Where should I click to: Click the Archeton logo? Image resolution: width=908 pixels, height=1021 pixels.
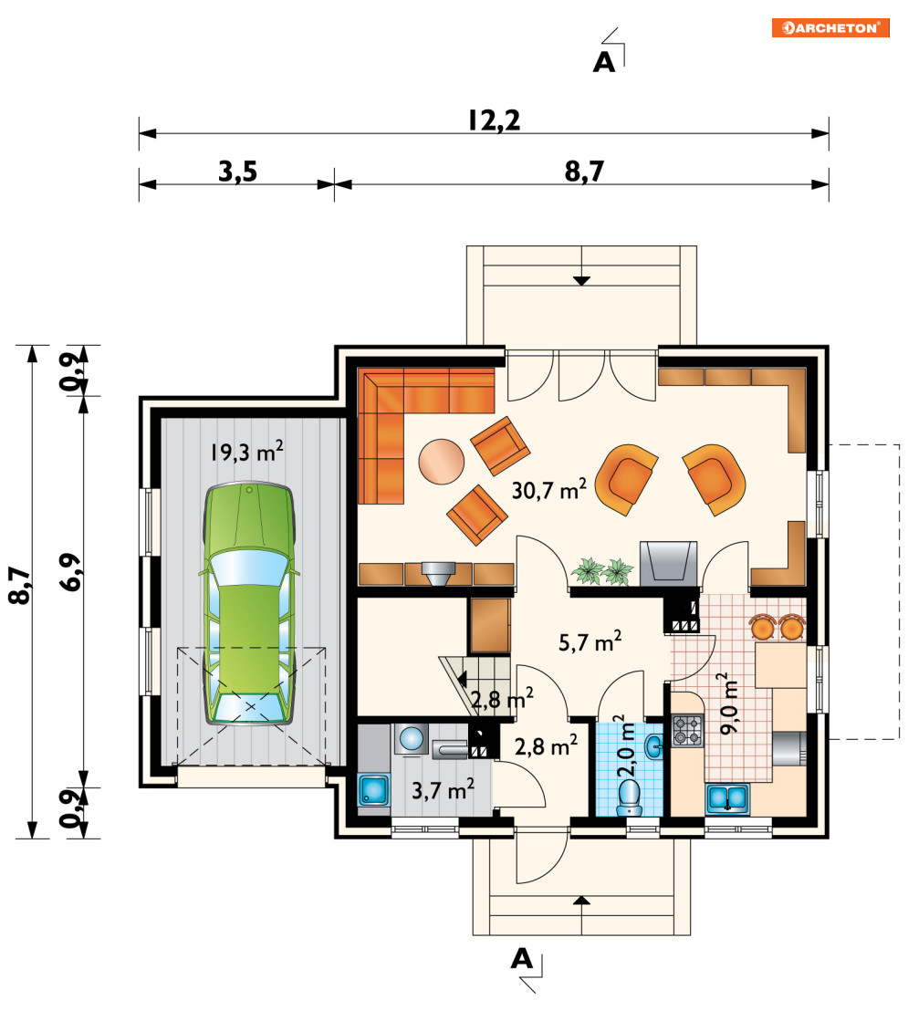click(x=830, y=28)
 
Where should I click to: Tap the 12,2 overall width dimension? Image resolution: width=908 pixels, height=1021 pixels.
click(x=495, y=120)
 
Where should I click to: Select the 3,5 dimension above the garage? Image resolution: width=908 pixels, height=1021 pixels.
click(x=238, y=172)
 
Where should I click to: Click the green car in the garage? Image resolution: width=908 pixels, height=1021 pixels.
click(x=249, y=603)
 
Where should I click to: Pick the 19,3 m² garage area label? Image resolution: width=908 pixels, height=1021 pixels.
click(x=247, y=452)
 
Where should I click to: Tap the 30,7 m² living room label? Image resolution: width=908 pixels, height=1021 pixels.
click(x=549, y=489)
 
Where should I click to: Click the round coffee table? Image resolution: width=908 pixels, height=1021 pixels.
click(x=442, y=462)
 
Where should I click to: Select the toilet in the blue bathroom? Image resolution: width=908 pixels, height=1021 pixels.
click(x=630, y=797)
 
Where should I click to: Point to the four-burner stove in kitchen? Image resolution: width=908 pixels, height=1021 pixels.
click(x=688, y=730)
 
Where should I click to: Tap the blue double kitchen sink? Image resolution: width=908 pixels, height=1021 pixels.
click(x=727, y=799)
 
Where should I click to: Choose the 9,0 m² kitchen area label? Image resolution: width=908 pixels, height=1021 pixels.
click(x=729, y=703)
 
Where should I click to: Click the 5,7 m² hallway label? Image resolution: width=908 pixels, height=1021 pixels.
click(x=590, y=642)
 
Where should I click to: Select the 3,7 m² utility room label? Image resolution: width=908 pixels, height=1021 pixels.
click(x=443, y=790)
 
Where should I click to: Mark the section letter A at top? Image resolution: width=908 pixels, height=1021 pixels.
click(x=604, y=63)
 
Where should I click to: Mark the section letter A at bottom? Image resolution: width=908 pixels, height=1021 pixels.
click(x=522, y=958)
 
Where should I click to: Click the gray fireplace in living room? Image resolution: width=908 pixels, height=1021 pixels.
click(x=668, y=564)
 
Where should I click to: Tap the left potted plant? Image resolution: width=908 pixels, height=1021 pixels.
click(x=589, y=571)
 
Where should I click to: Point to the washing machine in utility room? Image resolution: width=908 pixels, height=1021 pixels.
click(x=412, y=740)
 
